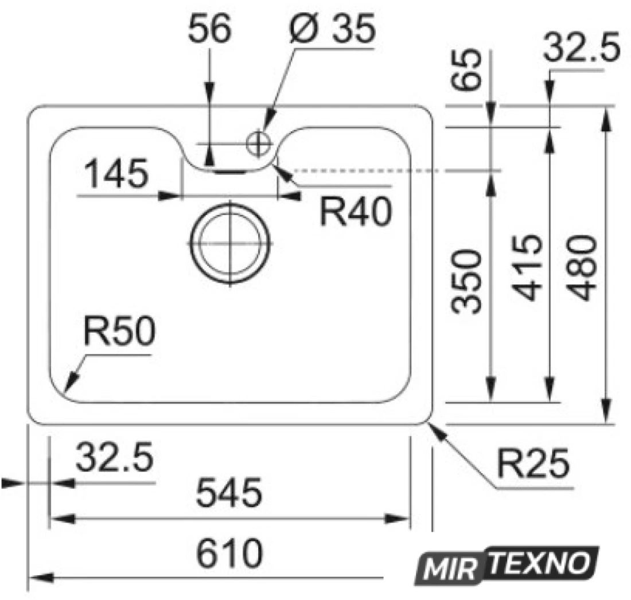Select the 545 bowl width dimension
(228, 492)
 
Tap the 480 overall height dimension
(582, 268)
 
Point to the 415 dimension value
(528, 268)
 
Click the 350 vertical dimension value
(466, 281)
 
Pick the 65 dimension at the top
(466, 69)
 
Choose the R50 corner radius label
(119, 331)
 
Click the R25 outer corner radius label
(533, 463)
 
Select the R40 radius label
(356, 211)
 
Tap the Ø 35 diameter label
(333, 28)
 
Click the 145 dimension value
(116, 174)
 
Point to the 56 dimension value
(209, 28)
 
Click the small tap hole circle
(258, 143)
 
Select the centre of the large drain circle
(230, 244)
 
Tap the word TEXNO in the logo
(540, 563)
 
